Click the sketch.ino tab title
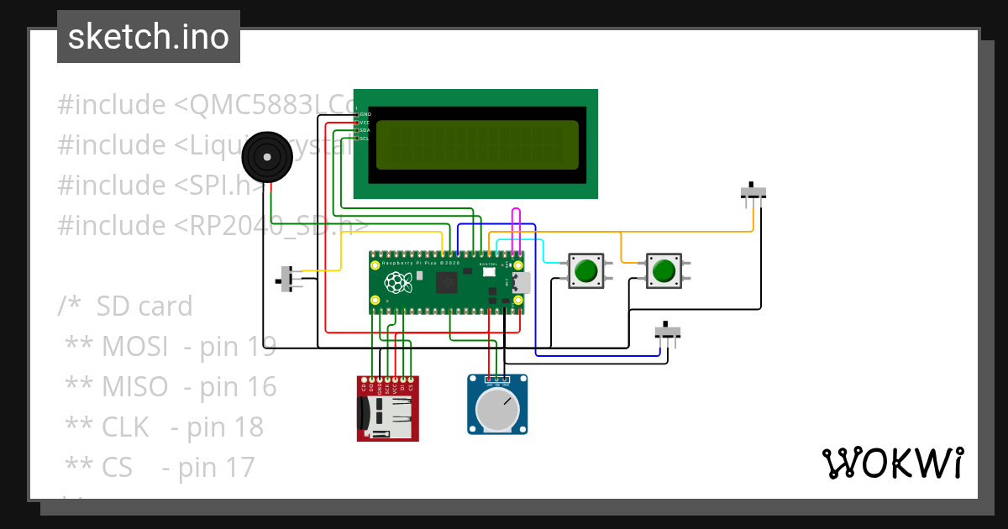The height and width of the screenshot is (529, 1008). tap(148, 37)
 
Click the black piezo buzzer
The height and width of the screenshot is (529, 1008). tap(268, 156)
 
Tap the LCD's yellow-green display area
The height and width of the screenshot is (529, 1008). tap(477, 144)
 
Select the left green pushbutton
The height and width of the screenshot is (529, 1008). tap(585, 270)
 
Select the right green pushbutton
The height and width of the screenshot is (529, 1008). tap(664, 270)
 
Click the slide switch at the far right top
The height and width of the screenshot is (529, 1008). tap(753, 192)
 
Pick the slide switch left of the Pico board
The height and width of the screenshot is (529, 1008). tap(290, 279)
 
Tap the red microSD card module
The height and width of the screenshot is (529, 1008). tap(387, 409)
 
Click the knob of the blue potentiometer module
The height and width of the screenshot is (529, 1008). tap(496, 410)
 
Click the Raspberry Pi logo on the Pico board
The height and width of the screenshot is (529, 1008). tap(394, 280)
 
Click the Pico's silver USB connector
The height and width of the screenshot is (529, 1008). tap(521, 282)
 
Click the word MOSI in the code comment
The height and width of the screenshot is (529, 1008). tap(134, 346)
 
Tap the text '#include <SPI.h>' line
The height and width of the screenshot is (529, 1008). tap(160, 186)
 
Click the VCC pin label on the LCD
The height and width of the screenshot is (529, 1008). tap(365, 123)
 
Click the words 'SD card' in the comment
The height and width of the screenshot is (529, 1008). tap(144, 306)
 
